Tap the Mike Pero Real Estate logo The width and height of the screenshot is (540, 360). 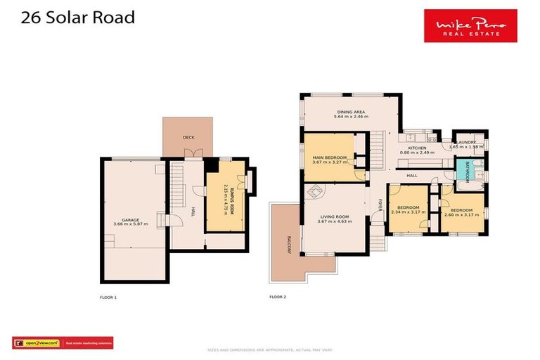click(470, 26)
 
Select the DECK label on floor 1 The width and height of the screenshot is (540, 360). click(188, 138)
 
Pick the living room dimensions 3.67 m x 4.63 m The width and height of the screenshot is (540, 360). click(334, 221)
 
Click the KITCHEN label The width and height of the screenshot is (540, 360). click(418, 148)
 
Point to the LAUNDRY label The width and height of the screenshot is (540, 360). click(466, 143)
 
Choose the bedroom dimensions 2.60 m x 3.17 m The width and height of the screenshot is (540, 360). click(461, 214)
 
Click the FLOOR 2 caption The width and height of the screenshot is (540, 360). click(278, 297)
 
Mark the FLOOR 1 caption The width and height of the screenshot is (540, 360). click(108, 297)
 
